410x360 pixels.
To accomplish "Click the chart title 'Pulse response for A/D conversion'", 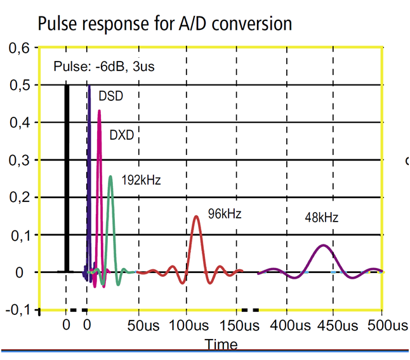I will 165,24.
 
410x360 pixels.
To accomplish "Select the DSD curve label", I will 110,96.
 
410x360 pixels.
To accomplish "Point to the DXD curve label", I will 122,135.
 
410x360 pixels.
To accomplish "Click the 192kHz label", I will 141,180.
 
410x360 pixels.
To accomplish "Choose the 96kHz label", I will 225,214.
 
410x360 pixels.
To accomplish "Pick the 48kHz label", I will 322,218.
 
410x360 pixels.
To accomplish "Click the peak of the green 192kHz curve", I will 110,177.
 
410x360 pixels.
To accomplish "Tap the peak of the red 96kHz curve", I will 196,217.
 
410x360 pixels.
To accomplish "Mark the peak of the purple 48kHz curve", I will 324,245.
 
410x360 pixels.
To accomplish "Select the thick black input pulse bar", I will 67,178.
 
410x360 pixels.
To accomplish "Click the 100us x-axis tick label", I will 190,326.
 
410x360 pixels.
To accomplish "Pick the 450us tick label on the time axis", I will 337,326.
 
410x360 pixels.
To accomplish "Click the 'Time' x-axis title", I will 221,344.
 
